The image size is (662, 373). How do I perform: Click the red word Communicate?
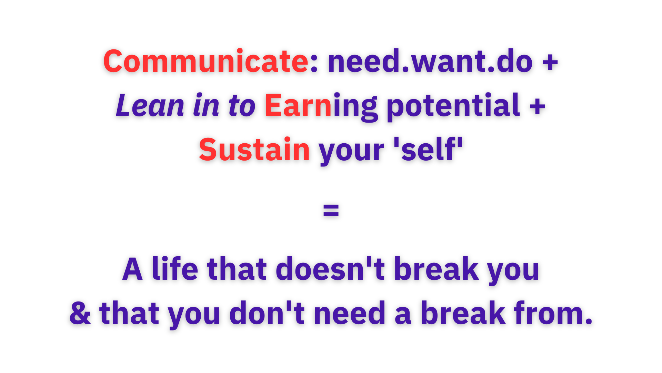(x=205, y=61)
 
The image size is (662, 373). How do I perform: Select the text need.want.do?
(x=430, y=61)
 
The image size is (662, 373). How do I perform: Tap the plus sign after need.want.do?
(x=550, y=62)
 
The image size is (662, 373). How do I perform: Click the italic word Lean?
(x=150, y=105)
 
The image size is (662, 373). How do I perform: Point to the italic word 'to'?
(x=241, y=106)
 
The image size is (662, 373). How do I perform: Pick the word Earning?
(x=321, y=106)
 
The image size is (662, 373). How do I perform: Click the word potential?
(x=453, y=106)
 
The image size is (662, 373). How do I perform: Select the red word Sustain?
(x=254, y=149)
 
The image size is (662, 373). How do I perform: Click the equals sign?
(x=331, y=210)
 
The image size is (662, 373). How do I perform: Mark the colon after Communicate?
(x=314, y=64)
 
